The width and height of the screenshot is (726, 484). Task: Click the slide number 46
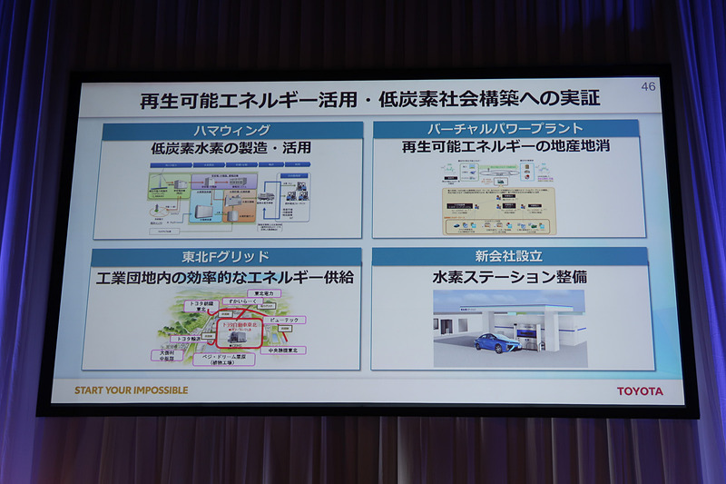(648, 86)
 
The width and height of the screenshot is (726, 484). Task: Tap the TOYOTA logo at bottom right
(640, 391)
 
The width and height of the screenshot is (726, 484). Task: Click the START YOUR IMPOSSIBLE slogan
(132, 390)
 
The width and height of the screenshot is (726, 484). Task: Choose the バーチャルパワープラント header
(506, 129)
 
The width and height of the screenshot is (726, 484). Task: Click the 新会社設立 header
(509, 257)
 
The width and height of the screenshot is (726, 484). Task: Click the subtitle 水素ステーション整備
(509, 276)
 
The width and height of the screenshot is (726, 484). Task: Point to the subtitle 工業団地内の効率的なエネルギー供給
(225, 277)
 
